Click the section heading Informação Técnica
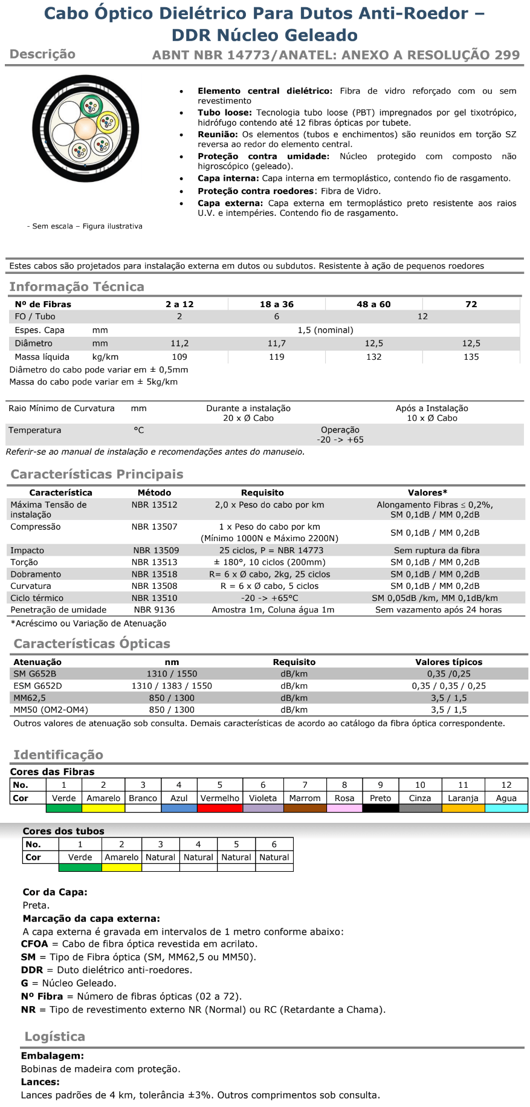click(x=77, y=287)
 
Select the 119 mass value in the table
click(x=277, y=357)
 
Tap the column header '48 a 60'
click(x=373, y=304)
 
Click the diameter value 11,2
click(x=179, y=343)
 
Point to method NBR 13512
click(x=155, y=505)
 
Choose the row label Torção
click(x=24, y=562)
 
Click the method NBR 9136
click(x=155, y=610)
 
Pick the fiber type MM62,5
click(x=30, y=698)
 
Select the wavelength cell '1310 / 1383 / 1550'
click(x=172, y=686)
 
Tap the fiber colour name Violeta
click(x=263, y=798)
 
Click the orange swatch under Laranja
click(x=463, y=808)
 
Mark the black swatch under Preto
click(x=380, y=808)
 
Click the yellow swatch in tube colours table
click(x=121, y=868)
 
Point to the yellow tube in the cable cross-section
click(x=108, y=123)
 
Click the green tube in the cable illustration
click(x=92, y=106)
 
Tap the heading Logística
click(x=54, y=1036)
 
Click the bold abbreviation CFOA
click(x=34, y=944)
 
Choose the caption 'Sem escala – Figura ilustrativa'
click(x=85, y=226)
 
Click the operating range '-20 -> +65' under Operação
click(x=340, y=440)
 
